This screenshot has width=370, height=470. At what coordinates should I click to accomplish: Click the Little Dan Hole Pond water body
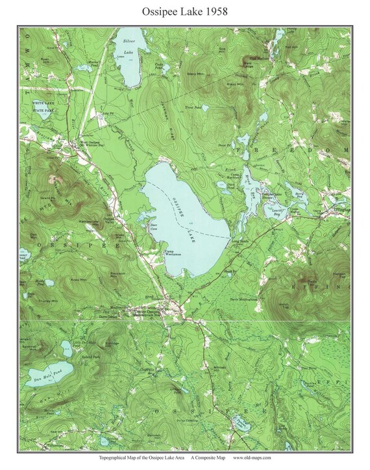pos(64,347)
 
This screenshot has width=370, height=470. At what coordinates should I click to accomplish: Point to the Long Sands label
pos(240,241)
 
